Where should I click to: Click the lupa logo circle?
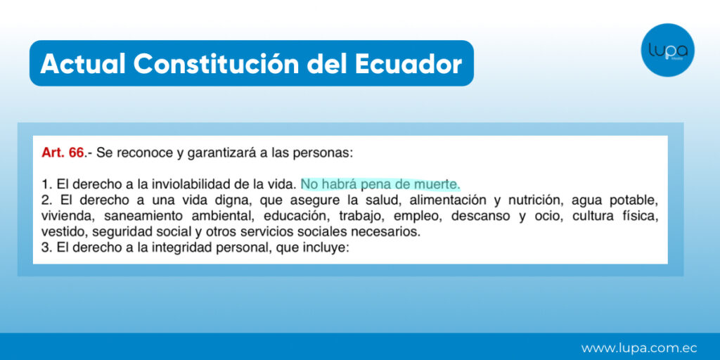coord(667,50)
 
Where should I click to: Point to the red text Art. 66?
coord(63,153)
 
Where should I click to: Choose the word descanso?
coord(480,217)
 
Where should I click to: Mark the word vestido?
coord(63,232)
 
